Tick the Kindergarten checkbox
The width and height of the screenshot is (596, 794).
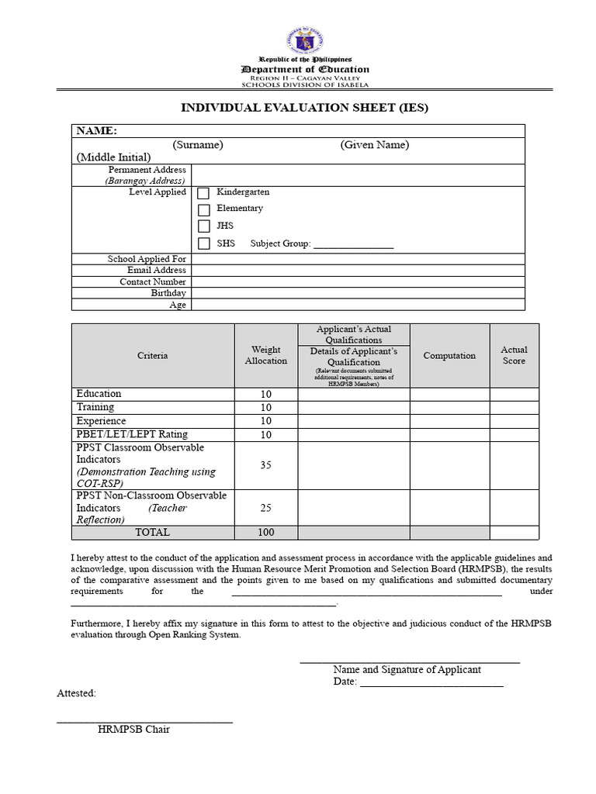pos(204,193)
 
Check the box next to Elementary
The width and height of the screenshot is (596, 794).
pos(204,210)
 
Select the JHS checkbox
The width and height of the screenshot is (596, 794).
pos(204,226)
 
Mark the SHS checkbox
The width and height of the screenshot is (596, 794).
pos(204,243)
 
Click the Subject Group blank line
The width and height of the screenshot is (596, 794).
pos(353,245)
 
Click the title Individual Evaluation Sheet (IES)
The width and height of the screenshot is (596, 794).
pos(304,108)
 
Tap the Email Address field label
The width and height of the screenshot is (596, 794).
pos(157,271)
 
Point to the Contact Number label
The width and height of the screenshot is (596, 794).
pos(153,282)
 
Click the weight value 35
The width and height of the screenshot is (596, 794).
pos(266,465)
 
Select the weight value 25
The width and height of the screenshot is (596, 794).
pos(266,508)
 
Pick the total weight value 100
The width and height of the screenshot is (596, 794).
pos(266,533)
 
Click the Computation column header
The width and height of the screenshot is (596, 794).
pos(449,356)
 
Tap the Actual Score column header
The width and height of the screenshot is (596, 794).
pos(514,355)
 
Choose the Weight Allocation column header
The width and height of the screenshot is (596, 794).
pos(266,355)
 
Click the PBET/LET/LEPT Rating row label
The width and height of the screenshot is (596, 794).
pos(132,434)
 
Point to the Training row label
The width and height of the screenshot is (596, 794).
pos(95,407)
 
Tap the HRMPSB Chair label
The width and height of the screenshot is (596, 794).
pos(133,730)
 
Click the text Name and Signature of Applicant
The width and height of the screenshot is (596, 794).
pos(407,670)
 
